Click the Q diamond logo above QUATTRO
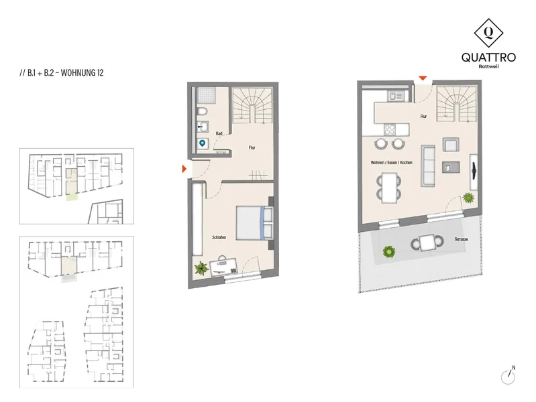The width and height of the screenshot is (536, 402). [488, 33]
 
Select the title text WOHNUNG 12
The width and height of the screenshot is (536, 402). [82, 73]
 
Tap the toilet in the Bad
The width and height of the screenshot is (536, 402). [203, 111]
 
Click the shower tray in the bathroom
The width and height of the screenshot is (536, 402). [207, 95]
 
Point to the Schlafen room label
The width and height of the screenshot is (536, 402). [219, 237]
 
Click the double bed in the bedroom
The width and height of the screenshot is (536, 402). [254, 222]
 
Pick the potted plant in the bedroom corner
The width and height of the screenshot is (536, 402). [201, 269]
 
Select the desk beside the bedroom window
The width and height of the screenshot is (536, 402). [223, 267]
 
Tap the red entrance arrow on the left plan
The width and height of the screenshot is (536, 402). [184, 169]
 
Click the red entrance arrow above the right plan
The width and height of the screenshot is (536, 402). [423, 78]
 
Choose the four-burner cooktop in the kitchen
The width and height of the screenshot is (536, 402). [390, 129]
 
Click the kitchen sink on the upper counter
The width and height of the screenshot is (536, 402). [396, 96]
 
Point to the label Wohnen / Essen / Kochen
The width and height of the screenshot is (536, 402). [391, 163]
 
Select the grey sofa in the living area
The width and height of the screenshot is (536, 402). [428, 165]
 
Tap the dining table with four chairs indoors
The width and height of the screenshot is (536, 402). [389, 188]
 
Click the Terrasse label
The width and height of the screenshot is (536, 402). [461, 239]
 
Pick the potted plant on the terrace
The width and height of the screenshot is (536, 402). [389, 252]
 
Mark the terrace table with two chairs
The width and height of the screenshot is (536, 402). [427, 243]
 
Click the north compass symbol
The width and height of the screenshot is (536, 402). [508, 376]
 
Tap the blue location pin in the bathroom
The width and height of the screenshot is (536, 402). [203, 143]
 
